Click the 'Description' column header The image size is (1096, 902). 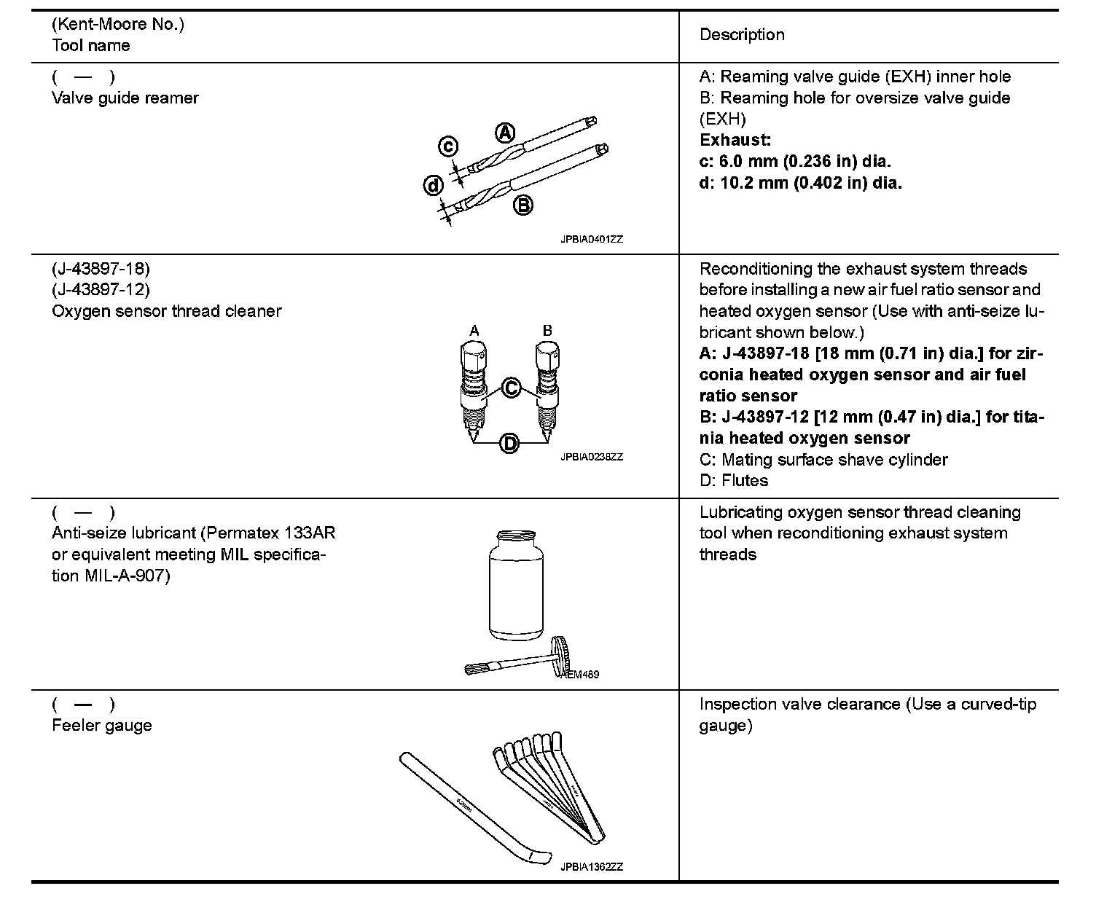[x=742, y=35]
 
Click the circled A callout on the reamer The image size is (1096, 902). [x=505, y=133]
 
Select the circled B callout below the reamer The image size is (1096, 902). [x=522, y=205]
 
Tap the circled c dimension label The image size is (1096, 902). [x=448, y=147]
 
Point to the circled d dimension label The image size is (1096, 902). [x=433, y=186]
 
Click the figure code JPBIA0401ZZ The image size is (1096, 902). [x=592, y=239]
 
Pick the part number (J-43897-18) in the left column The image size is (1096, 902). [x=101, y=269]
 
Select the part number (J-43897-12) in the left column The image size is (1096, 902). [x=101, y=290]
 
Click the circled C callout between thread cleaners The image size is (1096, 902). [x=512, y=388]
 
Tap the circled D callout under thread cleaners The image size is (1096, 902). [x=509, y=442]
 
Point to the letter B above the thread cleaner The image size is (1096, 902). [x=547, y=332]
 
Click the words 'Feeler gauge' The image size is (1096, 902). [x=102, y=726]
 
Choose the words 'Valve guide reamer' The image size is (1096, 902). [x=125, y=98]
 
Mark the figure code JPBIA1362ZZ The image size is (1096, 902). [x=592, y=867]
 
